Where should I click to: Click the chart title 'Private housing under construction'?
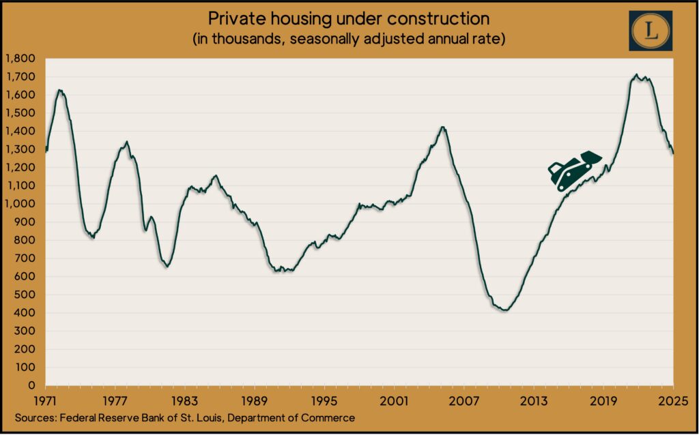pos(349,18)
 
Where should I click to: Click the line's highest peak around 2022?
pos(636,75)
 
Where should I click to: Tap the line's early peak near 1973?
pos(60,90)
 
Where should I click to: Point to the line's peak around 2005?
pos(443,127)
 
